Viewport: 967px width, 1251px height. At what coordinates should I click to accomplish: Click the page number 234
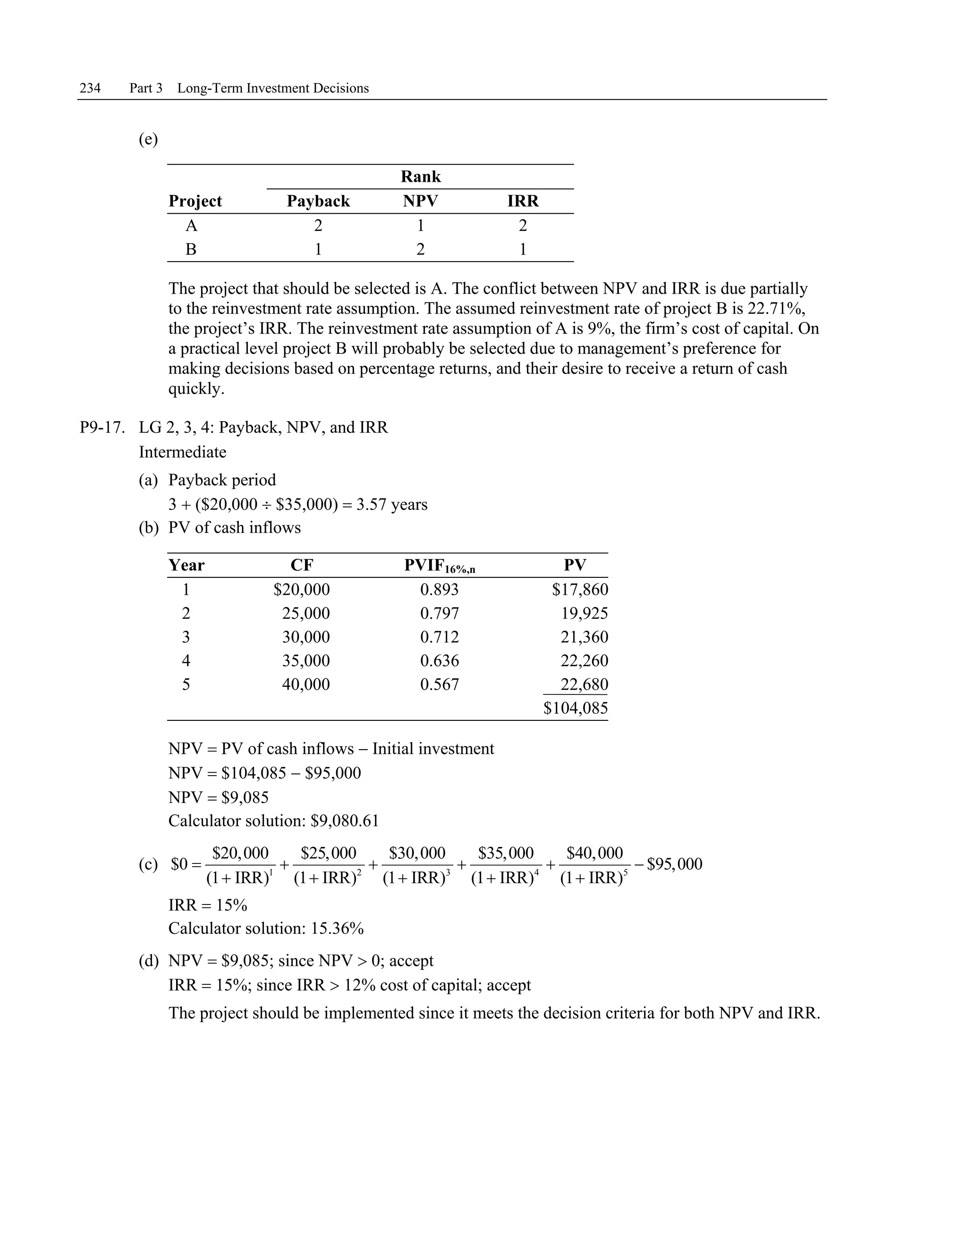(x=90, y=88)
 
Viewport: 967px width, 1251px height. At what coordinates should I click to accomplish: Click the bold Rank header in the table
(x=421, y=177)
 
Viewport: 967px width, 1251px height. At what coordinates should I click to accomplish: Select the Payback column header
(x=318, y=201)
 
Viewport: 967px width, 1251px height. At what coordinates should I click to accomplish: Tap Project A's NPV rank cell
(x=421, y=226)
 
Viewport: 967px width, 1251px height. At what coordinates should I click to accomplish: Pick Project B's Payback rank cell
(x=318, y=250)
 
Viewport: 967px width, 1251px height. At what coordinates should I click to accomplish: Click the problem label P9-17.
(x=102, y=428)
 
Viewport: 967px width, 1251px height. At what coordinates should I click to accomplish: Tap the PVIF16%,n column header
(x=440, y=566)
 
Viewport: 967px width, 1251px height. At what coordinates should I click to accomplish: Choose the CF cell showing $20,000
(x=301, y=590)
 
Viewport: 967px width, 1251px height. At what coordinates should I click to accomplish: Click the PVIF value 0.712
(x=440, y=637)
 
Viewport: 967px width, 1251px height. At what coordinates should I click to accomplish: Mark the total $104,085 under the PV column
(x=575, y=709)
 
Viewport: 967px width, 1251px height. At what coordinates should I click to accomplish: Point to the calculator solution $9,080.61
(x=344, y=821)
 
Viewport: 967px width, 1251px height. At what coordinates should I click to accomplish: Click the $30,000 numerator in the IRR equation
(x=417, y=853)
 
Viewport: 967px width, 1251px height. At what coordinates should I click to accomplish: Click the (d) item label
(x=148, y=961)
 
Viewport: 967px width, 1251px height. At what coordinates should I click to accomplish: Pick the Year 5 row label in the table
(x=186, y=685)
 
